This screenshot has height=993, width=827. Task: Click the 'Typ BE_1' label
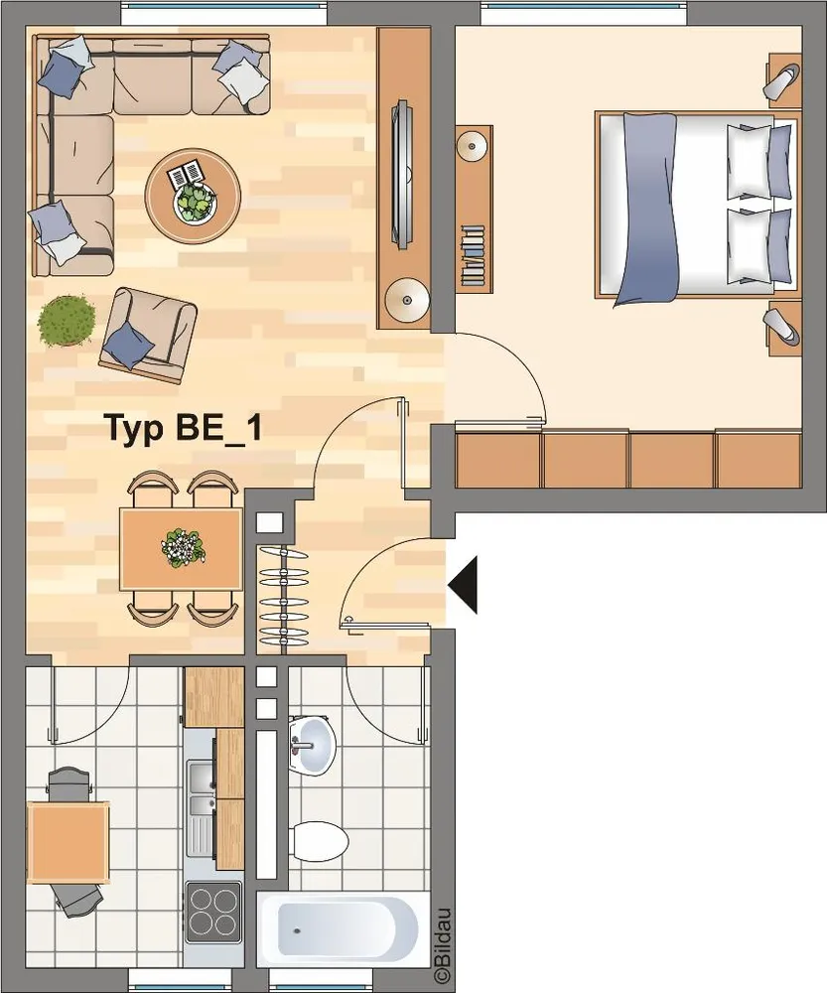click(x=183, y=429)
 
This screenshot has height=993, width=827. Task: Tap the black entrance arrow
click(x=463, y=585)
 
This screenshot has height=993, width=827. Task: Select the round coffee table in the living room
click(x=193, y=197)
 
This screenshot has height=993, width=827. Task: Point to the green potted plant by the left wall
click(x=66, y=321)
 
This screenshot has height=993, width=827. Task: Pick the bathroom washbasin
click(x=312, y=746)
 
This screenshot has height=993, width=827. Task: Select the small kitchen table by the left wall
click(x=68, y=842)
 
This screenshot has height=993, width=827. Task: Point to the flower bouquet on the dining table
click(x=183, y=547)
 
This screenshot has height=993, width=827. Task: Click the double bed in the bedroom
click(x=696, y=206)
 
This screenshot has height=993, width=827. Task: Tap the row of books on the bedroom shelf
click(x=473, y=256)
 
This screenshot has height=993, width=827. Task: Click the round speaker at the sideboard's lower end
click(x=407, y=300)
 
